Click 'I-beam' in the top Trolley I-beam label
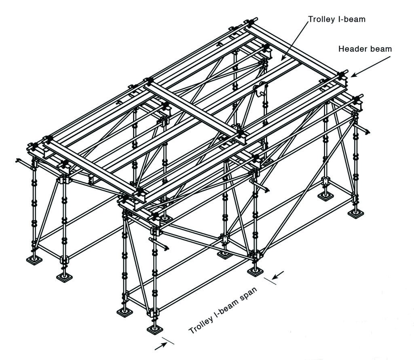click(x=351, y=19)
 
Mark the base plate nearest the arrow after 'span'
click(x=255, y=271)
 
